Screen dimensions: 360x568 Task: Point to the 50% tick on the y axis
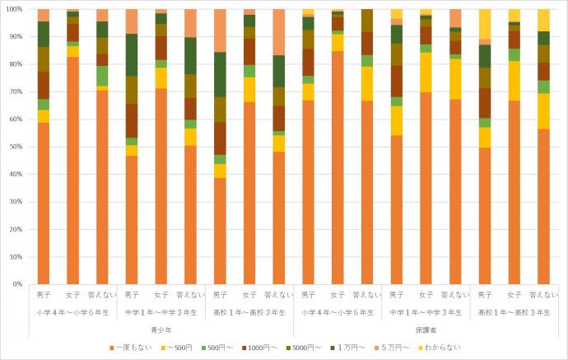(16, 146)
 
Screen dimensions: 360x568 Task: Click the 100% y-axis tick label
(14, 9)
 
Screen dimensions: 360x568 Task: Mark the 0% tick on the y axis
(18, 283)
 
